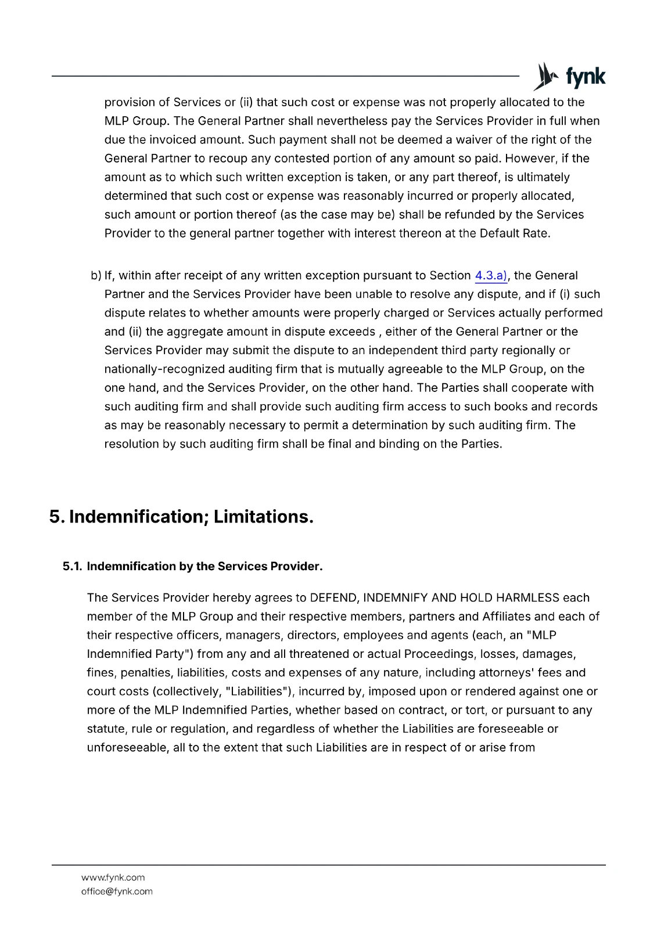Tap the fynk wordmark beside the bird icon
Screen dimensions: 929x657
585,77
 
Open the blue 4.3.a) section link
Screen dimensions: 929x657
491,276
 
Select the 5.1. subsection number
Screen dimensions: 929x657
72,567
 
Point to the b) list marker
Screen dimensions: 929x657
96,276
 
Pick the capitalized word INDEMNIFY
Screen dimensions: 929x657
395,598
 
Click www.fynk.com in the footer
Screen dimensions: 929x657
113,877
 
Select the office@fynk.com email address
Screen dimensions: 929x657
117,891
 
